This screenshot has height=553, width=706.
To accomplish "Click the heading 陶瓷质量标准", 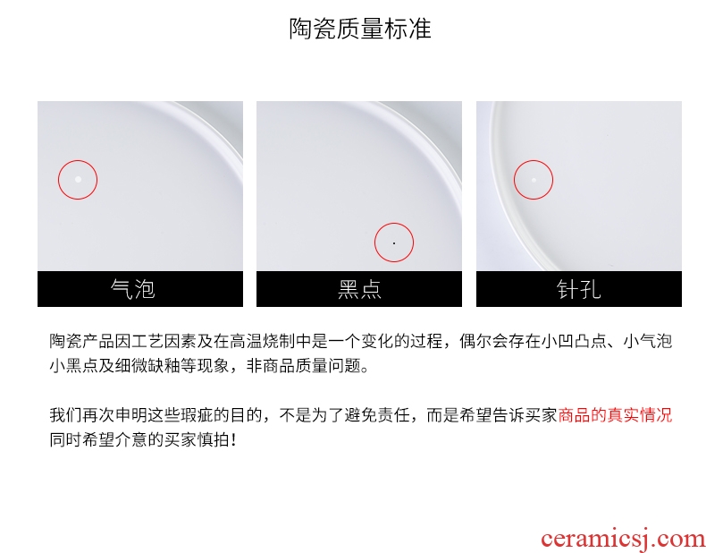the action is click(360, 29).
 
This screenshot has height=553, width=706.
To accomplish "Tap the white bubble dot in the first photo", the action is click(78, 179).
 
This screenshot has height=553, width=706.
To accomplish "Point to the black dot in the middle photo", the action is click(394, 242).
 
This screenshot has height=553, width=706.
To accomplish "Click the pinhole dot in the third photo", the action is click(534, 180).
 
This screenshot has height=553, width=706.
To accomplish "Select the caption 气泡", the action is click(133, 289).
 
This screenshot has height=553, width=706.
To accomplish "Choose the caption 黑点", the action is click(359, 289).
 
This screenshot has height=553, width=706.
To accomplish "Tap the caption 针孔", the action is click(578, 289).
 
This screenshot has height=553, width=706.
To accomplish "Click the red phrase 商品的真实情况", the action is click(615, 415).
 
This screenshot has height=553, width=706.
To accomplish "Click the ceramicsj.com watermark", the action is click(623, 539).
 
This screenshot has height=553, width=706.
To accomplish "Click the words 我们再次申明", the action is click(98, 415).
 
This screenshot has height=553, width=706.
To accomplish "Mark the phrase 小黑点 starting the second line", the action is click(74, 365).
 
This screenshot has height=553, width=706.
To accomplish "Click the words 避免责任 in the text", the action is click(377, 415).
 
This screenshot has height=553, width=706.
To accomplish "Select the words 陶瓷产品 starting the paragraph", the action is click(82, 341).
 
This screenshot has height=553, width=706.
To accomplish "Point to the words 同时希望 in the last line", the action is click(82, 439).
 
